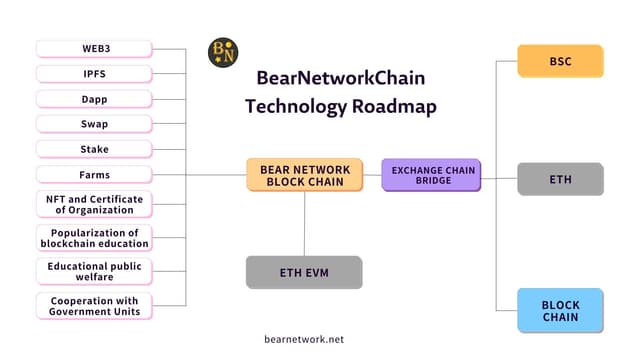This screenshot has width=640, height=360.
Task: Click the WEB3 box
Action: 94,48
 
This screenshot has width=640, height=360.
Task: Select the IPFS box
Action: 94,73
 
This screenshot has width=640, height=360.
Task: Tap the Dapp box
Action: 94,99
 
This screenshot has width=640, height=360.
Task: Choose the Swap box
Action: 94,124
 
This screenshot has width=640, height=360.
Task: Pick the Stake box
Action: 94,149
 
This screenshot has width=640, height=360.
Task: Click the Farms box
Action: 94,175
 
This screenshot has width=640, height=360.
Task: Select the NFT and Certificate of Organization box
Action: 94,204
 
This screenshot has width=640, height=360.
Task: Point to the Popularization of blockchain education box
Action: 94,237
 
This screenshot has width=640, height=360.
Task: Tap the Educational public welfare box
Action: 94,271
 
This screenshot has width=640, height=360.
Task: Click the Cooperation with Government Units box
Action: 94,305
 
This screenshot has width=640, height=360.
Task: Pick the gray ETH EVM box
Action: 304,272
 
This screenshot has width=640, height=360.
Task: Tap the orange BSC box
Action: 560,61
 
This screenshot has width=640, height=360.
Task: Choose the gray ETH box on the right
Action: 560,179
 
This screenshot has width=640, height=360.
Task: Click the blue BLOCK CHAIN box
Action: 560,310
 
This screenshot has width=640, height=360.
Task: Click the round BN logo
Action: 222,52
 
